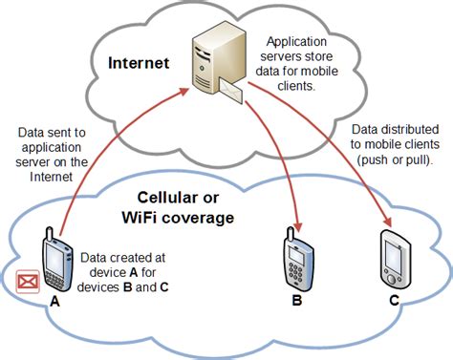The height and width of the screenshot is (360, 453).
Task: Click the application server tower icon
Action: point(211,62)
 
